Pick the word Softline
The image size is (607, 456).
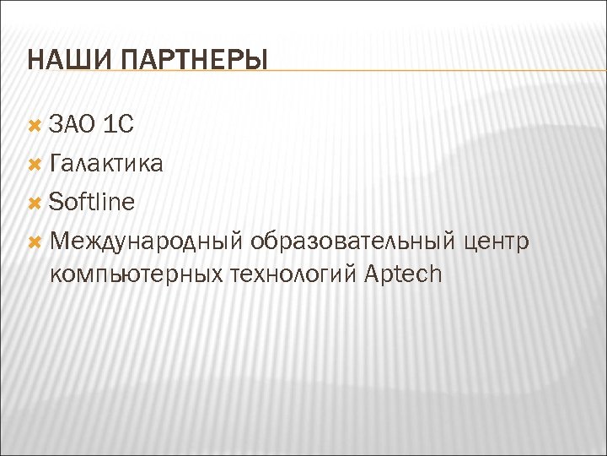(92, 202)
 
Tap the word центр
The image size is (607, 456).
(497, 242)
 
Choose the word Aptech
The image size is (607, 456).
(405, 275)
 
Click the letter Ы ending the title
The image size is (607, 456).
(256, 62)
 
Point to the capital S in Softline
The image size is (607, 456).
(56, 202)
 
